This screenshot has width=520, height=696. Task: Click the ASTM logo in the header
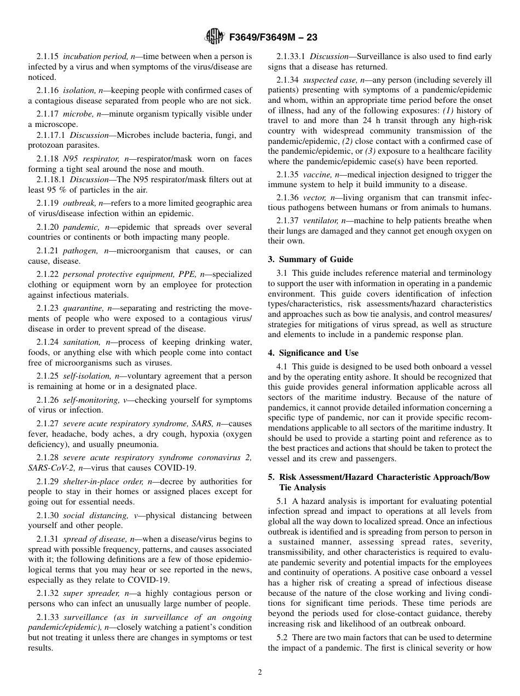point(214,37)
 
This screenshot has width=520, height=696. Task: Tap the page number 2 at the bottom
point(260,672)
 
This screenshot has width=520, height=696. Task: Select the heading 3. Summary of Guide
point(310,259)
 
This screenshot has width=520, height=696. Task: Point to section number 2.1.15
point(48,56)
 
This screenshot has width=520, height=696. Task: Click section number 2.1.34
point(287,80)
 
